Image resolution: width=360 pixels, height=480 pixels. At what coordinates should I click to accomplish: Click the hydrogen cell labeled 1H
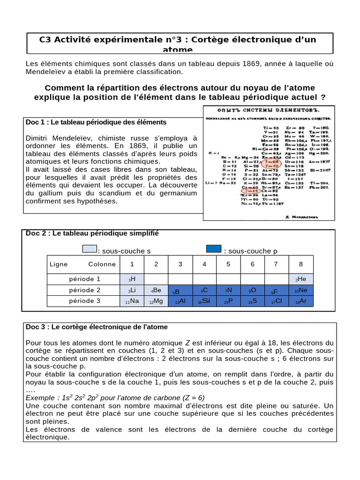pyautogui.click(x=132, y=279)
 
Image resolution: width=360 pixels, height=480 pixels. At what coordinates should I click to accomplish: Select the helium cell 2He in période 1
pyautogui.click(x=301, y=279)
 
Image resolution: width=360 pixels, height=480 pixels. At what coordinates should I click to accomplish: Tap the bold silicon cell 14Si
pyautogui.click(x=204, y=301)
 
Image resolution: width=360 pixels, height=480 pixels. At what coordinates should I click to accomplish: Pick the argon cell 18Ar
pyautogui.click(x=301, y=301)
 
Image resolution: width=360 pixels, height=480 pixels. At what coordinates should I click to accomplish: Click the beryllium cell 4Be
pyautogui.click(x=156, y=290)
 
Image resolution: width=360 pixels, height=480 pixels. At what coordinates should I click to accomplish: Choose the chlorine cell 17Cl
pyautogui.click(x=277, y=301)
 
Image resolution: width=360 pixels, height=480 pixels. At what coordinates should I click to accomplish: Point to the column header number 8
pyautogui.click(x=301, y=264)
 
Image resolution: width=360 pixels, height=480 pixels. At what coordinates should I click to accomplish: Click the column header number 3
pyautogui.click(x=180, y=264)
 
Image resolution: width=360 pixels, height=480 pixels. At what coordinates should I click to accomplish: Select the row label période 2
pyautogui.click(x=85, y=290)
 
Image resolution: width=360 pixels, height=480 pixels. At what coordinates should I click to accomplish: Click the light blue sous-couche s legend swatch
pyautogui.click(x=89, y=249)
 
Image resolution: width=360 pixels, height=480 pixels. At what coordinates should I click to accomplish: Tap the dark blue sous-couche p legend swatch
pyautogui.click(x=214, y=249)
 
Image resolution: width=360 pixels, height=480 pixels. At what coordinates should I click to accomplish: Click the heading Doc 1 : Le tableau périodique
pyautogui.click(x=96, y=122)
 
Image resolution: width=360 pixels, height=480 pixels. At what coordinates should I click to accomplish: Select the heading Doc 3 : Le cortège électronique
pyautogui.click(x=97, y=327)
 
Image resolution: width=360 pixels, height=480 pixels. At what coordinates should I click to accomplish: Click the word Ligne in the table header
pyautogui.click(x=59, y=264)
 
